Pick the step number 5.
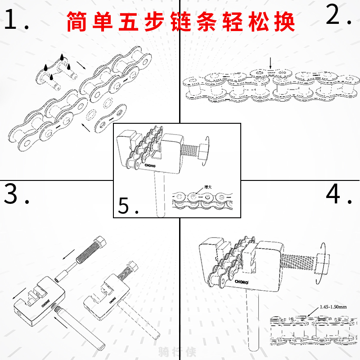126,205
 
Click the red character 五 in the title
126,21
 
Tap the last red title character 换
283,21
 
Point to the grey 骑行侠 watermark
180,351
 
